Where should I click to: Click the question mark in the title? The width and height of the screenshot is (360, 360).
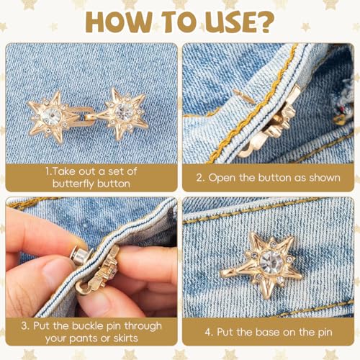pos(264,22)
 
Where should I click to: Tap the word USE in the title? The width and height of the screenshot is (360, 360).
pos(228,22)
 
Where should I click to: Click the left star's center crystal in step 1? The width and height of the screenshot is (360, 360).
pos(52,116)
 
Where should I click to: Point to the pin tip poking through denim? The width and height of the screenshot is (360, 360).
pos(243,95)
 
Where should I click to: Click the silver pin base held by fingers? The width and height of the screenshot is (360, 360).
pos(78,256)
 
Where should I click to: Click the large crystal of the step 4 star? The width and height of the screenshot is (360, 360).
pos(271,262)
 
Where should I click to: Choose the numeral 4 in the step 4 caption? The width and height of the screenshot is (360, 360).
pos(208,333)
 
